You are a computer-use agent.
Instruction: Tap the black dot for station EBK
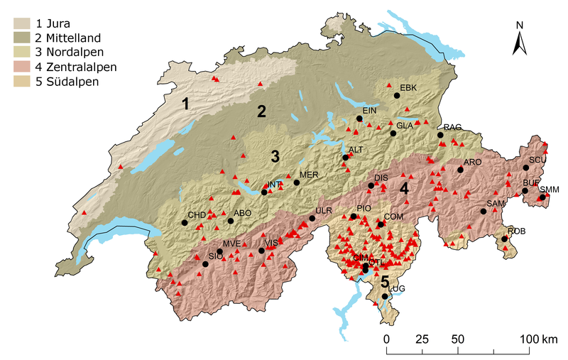tap(397, 95)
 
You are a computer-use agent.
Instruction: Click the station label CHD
tap(196, 214)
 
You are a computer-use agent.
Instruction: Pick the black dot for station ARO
tap(460, 170)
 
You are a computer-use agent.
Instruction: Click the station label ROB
tap(516, 231)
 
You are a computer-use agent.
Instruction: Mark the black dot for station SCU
tap(526, 168)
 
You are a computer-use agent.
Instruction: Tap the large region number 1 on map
tap(185, 104)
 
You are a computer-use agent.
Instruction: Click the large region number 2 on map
tap(261, 111)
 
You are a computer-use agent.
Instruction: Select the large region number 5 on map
tap(385, 282)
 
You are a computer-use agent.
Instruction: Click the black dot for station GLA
tap(393, 133)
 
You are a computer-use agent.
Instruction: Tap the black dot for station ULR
tap(312, 219)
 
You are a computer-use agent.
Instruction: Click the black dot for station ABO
tap(230, 221)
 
